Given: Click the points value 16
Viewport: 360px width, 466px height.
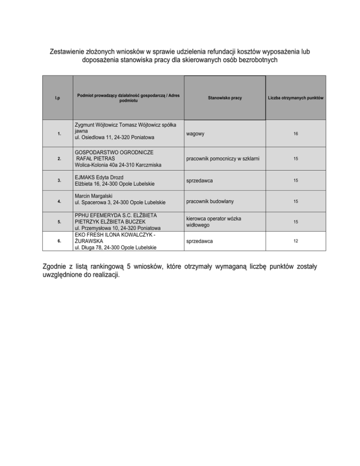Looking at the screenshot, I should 296,134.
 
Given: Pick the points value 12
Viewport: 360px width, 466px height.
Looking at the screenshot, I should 296,241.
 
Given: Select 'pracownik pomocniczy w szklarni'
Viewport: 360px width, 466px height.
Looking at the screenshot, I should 222,158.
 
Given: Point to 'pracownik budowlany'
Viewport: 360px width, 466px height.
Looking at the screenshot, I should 210,201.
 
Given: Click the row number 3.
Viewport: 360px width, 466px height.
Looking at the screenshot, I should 59,180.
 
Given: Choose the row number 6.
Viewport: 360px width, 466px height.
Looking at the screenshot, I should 59,241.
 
